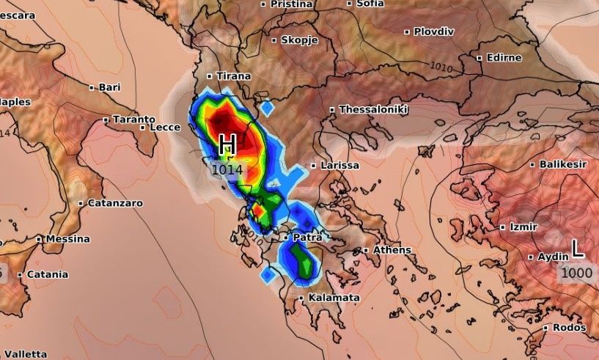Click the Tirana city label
click(x=233, y=76)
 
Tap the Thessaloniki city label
click(x=373, y=110)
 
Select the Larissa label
click(x=339, y=166)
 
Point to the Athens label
click(x=392, y=250)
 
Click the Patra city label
click(x=308, y=238)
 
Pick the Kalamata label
click(x=334, y=298)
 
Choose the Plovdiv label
click(x=434, y=32)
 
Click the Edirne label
click(x=504, y=57)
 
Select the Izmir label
click(x=523, y=227)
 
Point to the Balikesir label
click(x=563, y=164)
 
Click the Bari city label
click(x=109, y=87)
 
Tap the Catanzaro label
click(x=115, y=203)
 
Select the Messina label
click(x=67, y=239)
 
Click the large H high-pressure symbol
click(x=227, y=145)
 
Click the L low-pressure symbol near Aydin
click(x=578, y=249)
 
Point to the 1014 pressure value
click(x=227, y=169)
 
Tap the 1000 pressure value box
click(x=576, y=272)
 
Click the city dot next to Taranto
click(x=106, y=120)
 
